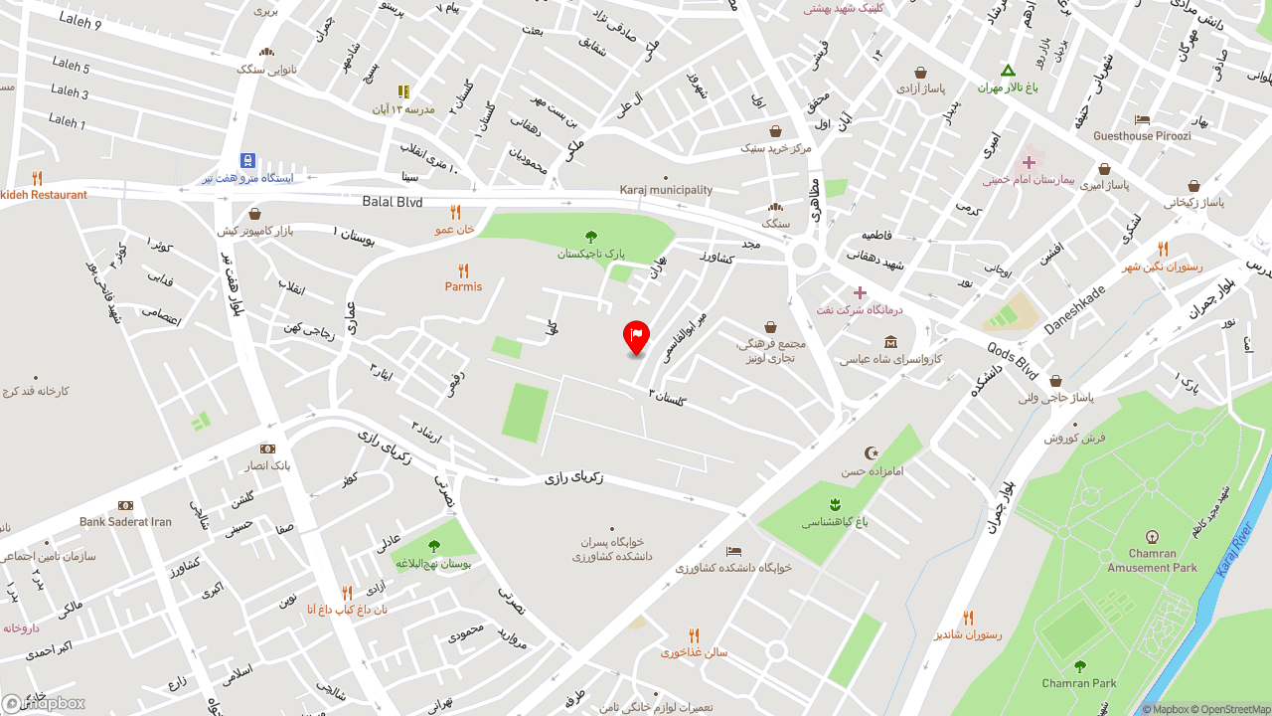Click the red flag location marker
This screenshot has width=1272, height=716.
point(636,336)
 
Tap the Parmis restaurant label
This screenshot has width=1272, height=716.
point(463,286)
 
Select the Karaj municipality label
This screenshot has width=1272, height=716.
point(666,190)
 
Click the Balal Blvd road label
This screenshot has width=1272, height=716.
point(393,202)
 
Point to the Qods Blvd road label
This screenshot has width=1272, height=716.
point(1013,361)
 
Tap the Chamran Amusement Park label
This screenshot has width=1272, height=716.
point(1152,561)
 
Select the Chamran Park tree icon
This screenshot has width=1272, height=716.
point(1080,666)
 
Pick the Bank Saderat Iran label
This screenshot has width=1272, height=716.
point(125,521)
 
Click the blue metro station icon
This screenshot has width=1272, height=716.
point(247,160)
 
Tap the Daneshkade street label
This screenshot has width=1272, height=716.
point(1073,308)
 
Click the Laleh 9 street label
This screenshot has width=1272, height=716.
point(80,20)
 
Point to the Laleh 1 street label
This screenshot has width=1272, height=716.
point(68,121)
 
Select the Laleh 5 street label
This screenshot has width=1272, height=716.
point(72,66)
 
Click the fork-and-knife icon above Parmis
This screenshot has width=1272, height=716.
point(463,270)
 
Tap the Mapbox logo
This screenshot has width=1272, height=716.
point(44,703)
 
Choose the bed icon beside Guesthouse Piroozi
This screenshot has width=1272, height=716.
point(1142,120)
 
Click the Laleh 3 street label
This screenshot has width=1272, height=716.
point(70,91)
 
